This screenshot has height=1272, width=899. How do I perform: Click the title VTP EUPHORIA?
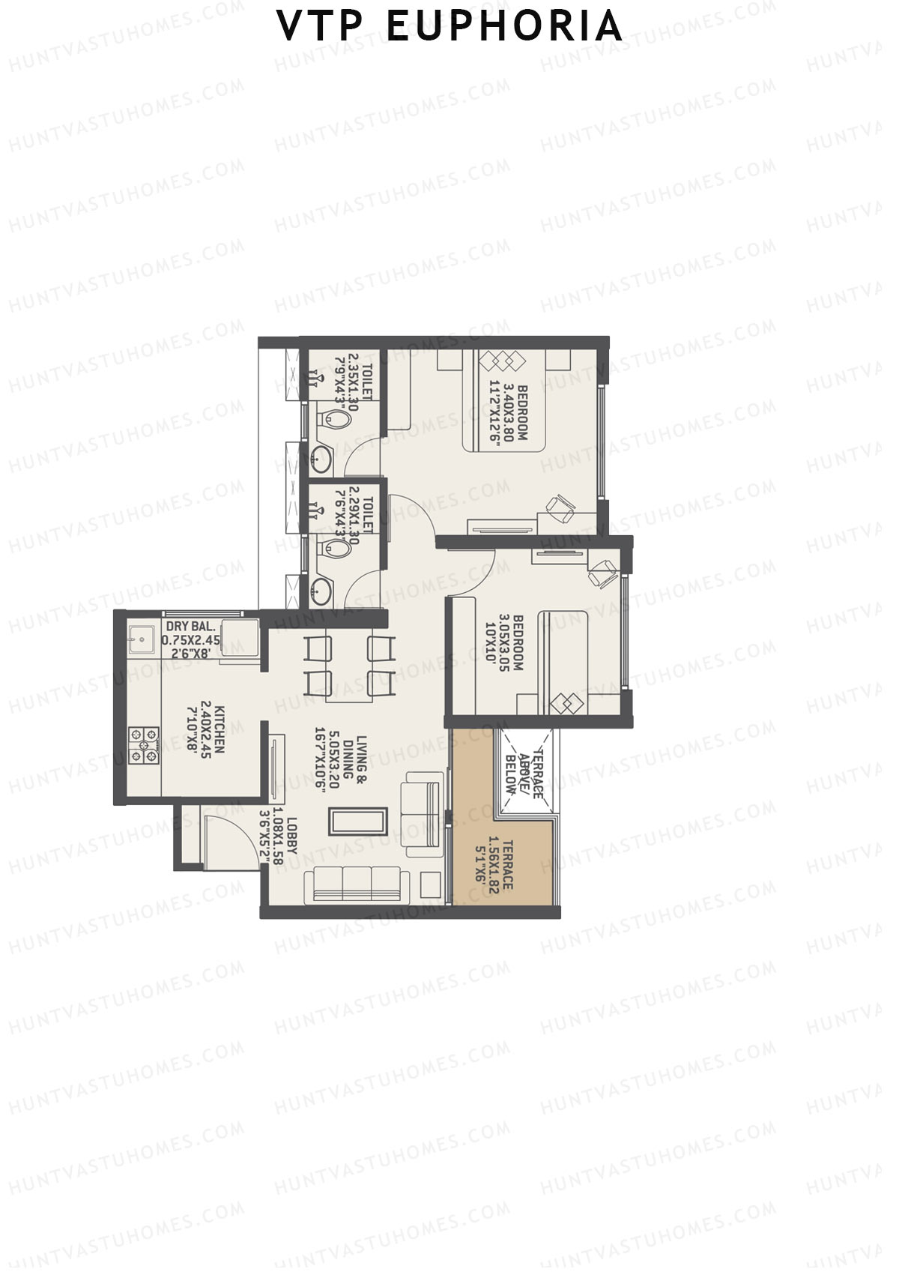[x=449, y=26]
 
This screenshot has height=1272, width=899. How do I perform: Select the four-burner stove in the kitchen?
[x=144, y=746]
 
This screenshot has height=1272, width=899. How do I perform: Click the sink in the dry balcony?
[x=140, y=640]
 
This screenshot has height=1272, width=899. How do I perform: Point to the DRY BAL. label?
[x=191, y=626]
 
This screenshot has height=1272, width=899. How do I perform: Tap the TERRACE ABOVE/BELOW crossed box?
[x=528, y=771]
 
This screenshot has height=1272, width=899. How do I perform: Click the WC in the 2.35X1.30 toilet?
[x=336, y=421]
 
